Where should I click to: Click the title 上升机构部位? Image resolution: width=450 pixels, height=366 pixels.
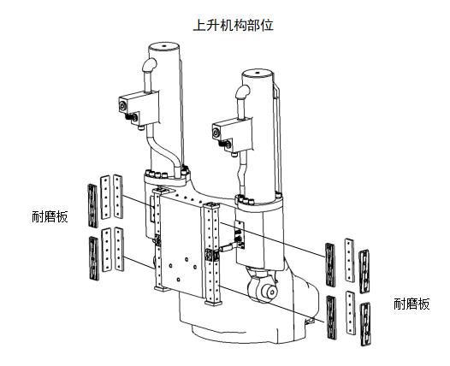pos(233,26)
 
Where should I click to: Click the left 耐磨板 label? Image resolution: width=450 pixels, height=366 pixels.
pos(50,216)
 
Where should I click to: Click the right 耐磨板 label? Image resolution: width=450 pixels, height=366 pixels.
pos(412,304)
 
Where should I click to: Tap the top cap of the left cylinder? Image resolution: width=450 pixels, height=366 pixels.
pos(164,46)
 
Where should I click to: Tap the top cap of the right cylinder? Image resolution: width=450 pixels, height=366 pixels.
pos(258,73)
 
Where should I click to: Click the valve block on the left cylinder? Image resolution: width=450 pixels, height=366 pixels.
pos(139,109)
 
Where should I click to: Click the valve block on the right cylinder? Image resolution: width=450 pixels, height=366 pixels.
pos(232,135)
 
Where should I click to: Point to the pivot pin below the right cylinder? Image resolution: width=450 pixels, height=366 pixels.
pos(270,292)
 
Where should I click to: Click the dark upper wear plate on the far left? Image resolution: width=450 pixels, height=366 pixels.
pos(92,206)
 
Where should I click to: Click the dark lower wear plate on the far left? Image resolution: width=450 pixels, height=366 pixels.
pos(94,258)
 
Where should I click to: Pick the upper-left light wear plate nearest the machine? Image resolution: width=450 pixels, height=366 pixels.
pos(118,197)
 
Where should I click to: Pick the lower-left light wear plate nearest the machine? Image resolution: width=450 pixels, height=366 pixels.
pos(119,249)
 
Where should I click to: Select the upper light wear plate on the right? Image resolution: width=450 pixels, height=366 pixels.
pos(350,260)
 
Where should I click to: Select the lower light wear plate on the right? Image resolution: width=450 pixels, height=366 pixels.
pos(351,313)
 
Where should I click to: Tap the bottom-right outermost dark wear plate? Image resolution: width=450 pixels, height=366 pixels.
pos(365,324)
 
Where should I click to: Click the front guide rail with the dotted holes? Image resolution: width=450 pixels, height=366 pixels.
pos(212,254)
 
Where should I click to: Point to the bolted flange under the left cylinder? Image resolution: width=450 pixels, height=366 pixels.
pos(167,179)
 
